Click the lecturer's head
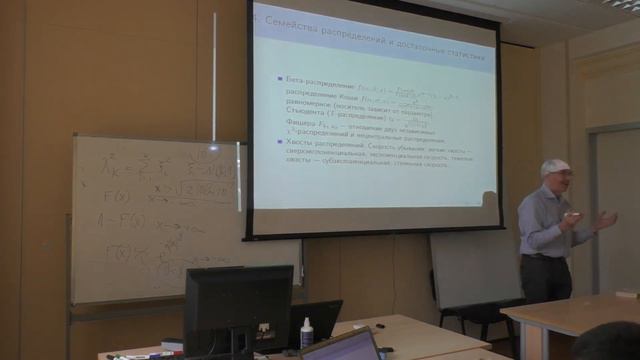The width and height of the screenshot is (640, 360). pyautogui.click(x=556, y=177)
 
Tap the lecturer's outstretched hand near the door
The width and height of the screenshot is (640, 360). pyautogui.click(x=605, y=220)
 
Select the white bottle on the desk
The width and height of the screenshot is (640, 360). pyautogui.click(x=306, y=331)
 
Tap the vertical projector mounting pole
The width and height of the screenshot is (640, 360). pyautogui.click(x=213, y=75)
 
